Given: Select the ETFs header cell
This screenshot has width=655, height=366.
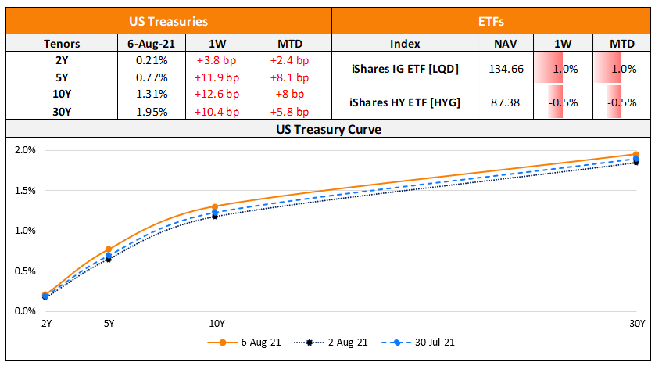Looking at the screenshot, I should [492, 23].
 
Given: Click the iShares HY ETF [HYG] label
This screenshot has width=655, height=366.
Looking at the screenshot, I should [404, 102].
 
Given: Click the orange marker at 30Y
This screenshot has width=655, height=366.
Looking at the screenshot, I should [636, 155].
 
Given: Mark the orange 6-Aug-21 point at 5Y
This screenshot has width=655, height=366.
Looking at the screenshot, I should [109, 249].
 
